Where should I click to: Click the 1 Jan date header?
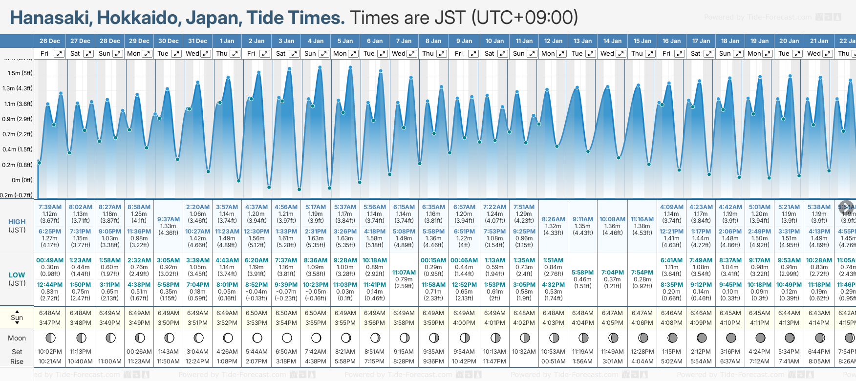click(227, 41)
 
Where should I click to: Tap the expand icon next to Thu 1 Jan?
click(235, 54)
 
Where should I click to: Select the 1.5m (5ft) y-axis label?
click(20, 73)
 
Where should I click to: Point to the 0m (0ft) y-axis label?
click(22, 180)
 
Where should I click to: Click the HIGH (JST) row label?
click(17, 226)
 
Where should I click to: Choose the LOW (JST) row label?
click(17, 279)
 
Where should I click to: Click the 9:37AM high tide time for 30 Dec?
click(169, 219)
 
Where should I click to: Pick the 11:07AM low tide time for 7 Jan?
click(404, 273)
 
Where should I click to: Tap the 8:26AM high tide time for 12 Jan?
click(554, 219)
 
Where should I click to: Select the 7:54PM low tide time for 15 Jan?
click(642, 273)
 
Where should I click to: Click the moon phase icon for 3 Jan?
click(287, 338)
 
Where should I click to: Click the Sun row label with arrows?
click(17, 317)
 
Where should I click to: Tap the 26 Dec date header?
click(50, 41)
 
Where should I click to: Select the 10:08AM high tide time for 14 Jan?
click(612, 219)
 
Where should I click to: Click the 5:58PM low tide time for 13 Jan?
click(583, 273)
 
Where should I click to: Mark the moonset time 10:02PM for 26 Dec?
click(50, 352)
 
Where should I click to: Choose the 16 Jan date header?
click(671, 41)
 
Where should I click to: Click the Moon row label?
click(17, 338)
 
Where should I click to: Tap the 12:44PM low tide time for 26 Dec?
click(50, 285)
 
